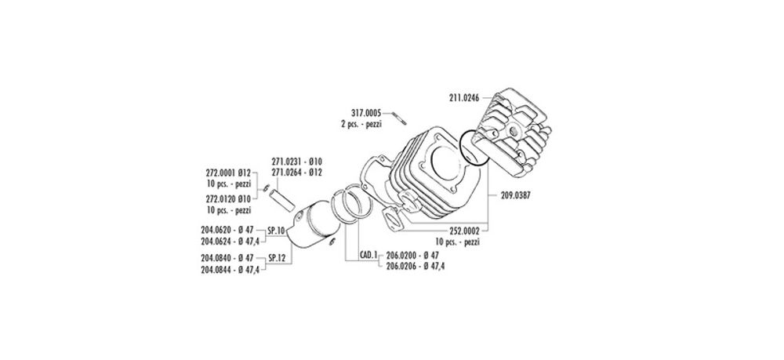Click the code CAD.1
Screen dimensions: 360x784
tap(368, 255)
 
